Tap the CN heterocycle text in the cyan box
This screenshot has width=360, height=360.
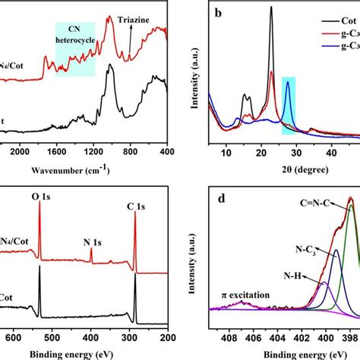74,35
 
